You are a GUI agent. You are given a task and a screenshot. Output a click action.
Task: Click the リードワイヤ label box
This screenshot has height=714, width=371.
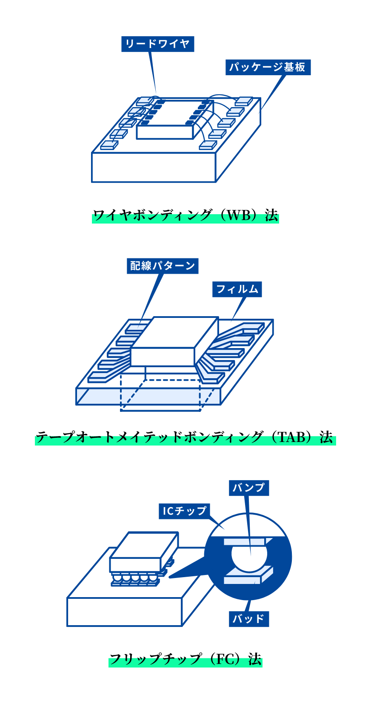(157, 44)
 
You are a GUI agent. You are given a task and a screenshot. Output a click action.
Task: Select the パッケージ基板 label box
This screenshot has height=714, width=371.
(268, 67)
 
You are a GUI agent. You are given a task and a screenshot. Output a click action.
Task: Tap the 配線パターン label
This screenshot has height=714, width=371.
(163, 266)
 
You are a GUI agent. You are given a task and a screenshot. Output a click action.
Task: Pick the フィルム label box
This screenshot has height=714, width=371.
(237, 289)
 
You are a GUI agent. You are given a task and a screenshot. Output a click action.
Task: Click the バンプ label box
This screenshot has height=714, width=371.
(249, 488)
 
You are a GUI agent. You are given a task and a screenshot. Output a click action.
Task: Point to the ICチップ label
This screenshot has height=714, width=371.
(184, 511)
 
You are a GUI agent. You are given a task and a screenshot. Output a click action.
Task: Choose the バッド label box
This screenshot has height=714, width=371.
(249, 619)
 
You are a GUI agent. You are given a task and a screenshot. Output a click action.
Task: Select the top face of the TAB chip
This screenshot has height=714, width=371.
(175, 332)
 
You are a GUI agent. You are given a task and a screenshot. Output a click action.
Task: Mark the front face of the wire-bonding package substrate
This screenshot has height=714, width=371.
(154, 167)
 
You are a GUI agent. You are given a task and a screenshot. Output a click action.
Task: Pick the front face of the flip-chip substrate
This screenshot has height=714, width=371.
(124, 612)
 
